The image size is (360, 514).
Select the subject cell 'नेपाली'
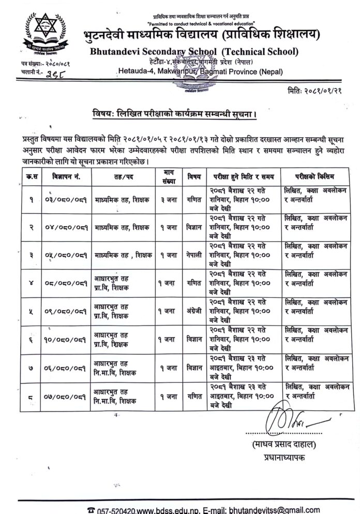click(x=194, y=255)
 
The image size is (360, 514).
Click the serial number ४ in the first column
click(x=18, y=283)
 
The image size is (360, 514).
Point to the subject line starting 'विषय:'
click(x=179, y=113)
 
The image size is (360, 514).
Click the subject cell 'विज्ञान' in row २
click(x=194, y=227)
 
